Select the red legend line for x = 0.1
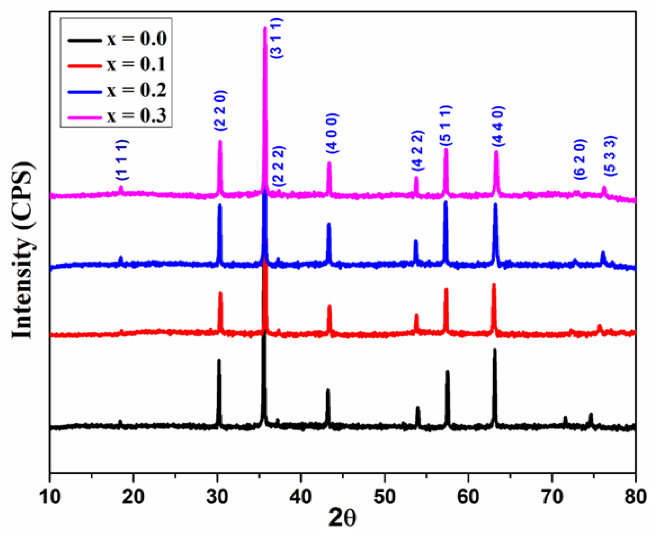[84, 66]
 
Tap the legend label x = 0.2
[137, 90]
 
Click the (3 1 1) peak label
[277, 39]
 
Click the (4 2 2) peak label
[418, 151]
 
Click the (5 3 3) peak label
[611, 156]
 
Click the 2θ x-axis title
[342, 518]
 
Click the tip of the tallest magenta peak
[265, 28]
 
